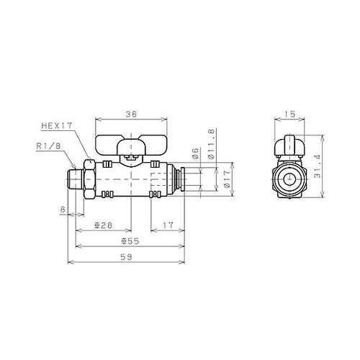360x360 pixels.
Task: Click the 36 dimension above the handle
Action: pyautogui.click(x=131, y=114)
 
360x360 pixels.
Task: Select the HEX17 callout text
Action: pyautogui.click(x=57, y=126)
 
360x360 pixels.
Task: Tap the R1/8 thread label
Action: pyautogui.click(x=49, y=146)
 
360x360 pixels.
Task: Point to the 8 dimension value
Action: pyautogui.click(x=63, y=210)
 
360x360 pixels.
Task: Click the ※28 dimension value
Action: pyautogui.click(x=104, y=225)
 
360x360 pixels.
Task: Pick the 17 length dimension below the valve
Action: pyautogui.click(x=168, y=225)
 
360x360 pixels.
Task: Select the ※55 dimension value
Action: pyautogui.click(x=130, y=241)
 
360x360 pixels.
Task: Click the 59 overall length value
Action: pyautogui.click(x=127, y=257)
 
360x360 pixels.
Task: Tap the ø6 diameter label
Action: pyautogui.click(x=196, y=153)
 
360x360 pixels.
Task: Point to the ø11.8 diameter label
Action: pyautogui.click(x=211, y=144)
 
